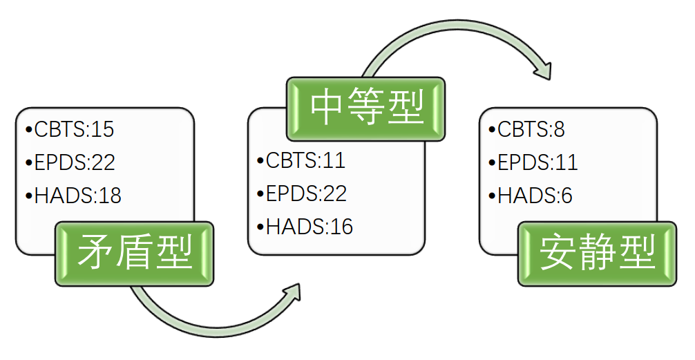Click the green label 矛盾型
pyautogui.click(x=135, y=253)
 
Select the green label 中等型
pyautogui.click(x=366, y=108)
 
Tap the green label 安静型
pyautogui.click(x=598, y=254)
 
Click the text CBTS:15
pyautogui.click(x=74, y=129)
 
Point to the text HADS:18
pyautogui.click(x=77, y=196)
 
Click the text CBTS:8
pyautogui.click(x=531, y=129)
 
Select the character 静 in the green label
pyautogui.click(x=598, y=254)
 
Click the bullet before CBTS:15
pyautogui.click(x=28, y=129)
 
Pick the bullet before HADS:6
pyautogui.click(x=492, y=196)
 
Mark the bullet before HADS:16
pyautogui.click(x=260, y=226)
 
